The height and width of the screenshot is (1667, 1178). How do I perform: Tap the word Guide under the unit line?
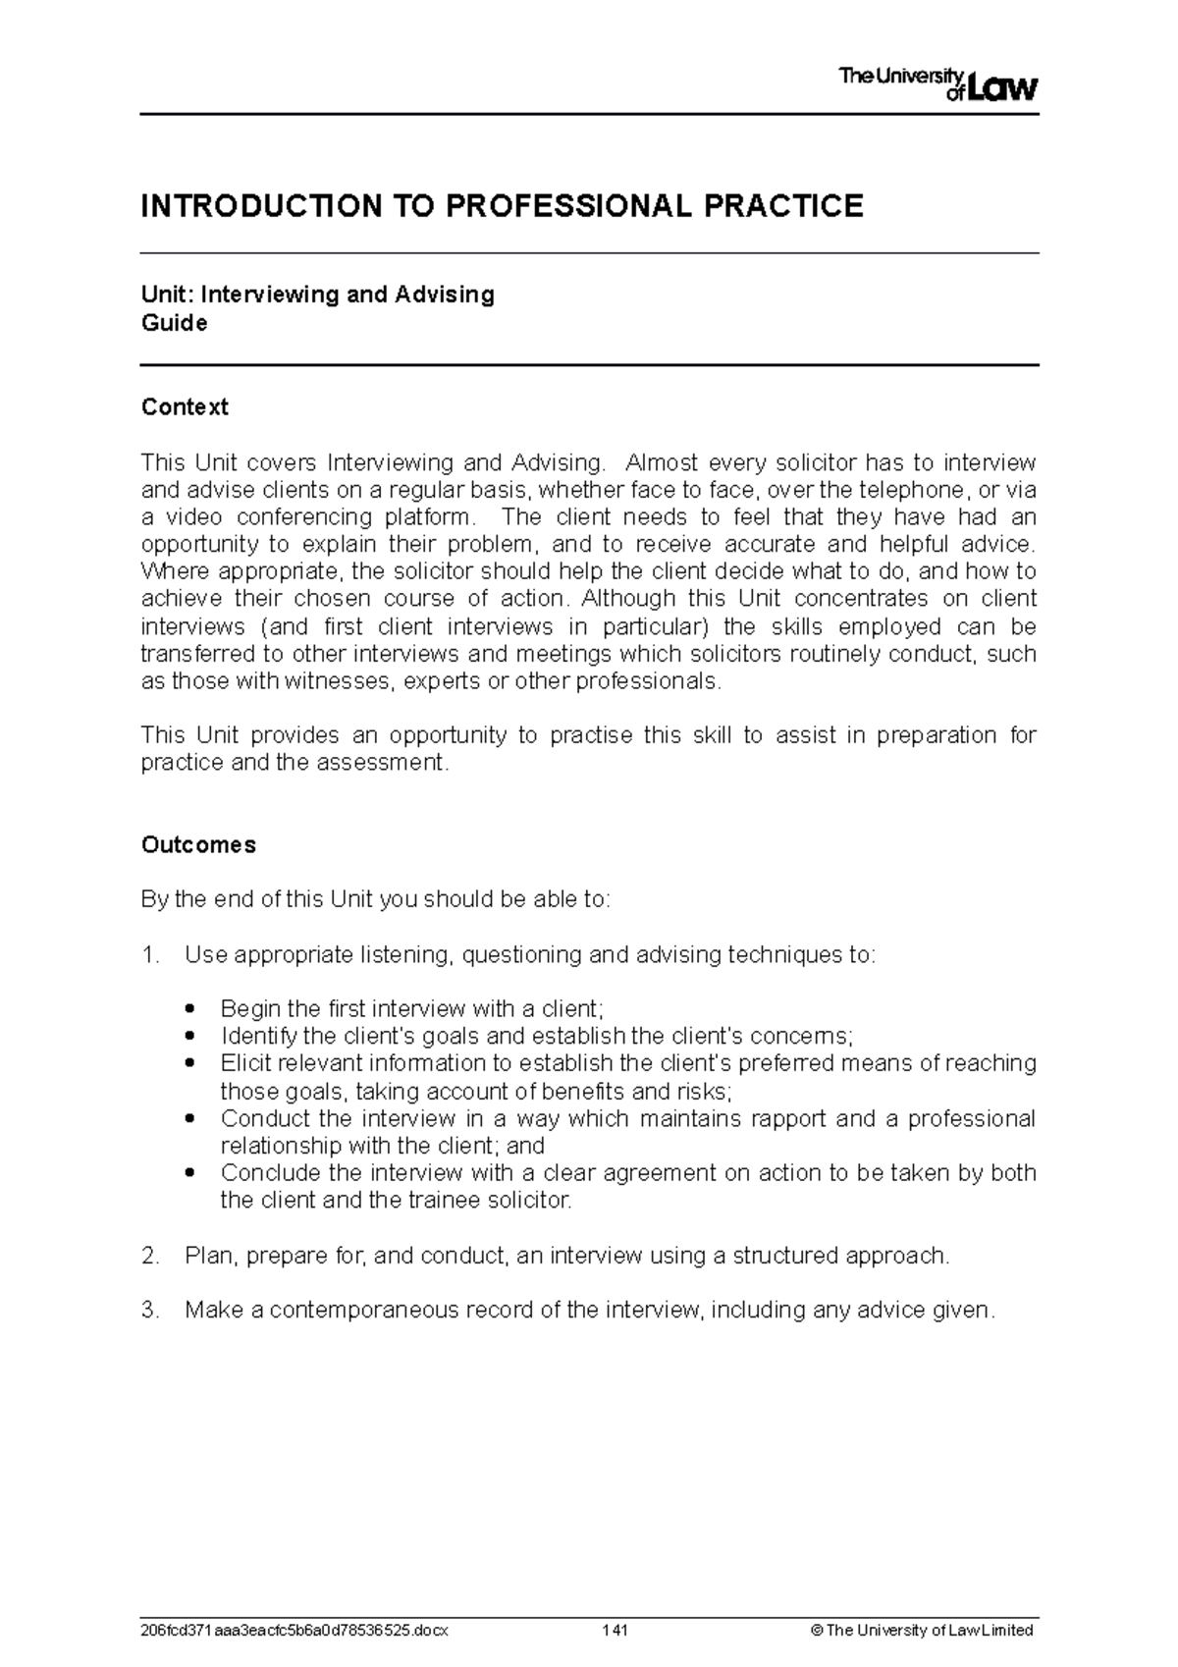[x=175, y=324]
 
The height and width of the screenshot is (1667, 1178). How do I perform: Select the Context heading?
[x=185, y=407]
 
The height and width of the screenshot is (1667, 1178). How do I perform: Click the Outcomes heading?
[x=198, y=845]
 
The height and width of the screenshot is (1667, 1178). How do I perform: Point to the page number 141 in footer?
[x=616, y=1631]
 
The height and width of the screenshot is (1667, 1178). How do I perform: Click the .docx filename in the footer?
[x=294, y=1631]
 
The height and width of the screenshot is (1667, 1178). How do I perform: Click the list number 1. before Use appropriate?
[x=150, y=955]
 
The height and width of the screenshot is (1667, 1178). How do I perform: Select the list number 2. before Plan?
[x=150, y=1257]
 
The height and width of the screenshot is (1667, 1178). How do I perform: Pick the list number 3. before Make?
[x=150, y=1311]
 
